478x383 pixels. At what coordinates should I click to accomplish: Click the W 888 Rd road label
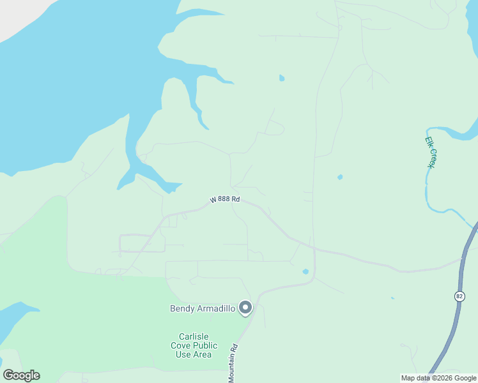[x=225, y=200]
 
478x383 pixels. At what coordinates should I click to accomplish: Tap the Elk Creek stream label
[x=431, y=153]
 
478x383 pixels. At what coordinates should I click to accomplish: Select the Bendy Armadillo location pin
[x=245, y=308]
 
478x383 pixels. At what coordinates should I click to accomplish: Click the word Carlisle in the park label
[x=194, y=336]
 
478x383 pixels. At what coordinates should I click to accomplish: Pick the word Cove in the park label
[x=181, y=345]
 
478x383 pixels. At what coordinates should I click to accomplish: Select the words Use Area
[x=194, y=354]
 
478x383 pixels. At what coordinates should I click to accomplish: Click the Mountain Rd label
[x=234, y=364]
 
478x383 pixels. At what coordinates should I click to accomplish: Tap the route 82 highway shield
[x=459, y=296]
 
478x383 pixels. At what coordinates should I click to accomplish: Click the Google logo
[x=21, y=375]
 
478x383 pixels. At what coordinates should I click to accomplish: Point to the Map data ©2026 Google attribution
[x=438, y=378]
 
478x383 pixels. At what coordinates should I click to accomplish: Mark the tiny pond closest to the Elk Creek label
[x=340, y=177]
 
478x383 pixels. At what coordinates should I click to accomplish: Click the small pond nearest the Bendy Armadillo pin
[x=305, y=271]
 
